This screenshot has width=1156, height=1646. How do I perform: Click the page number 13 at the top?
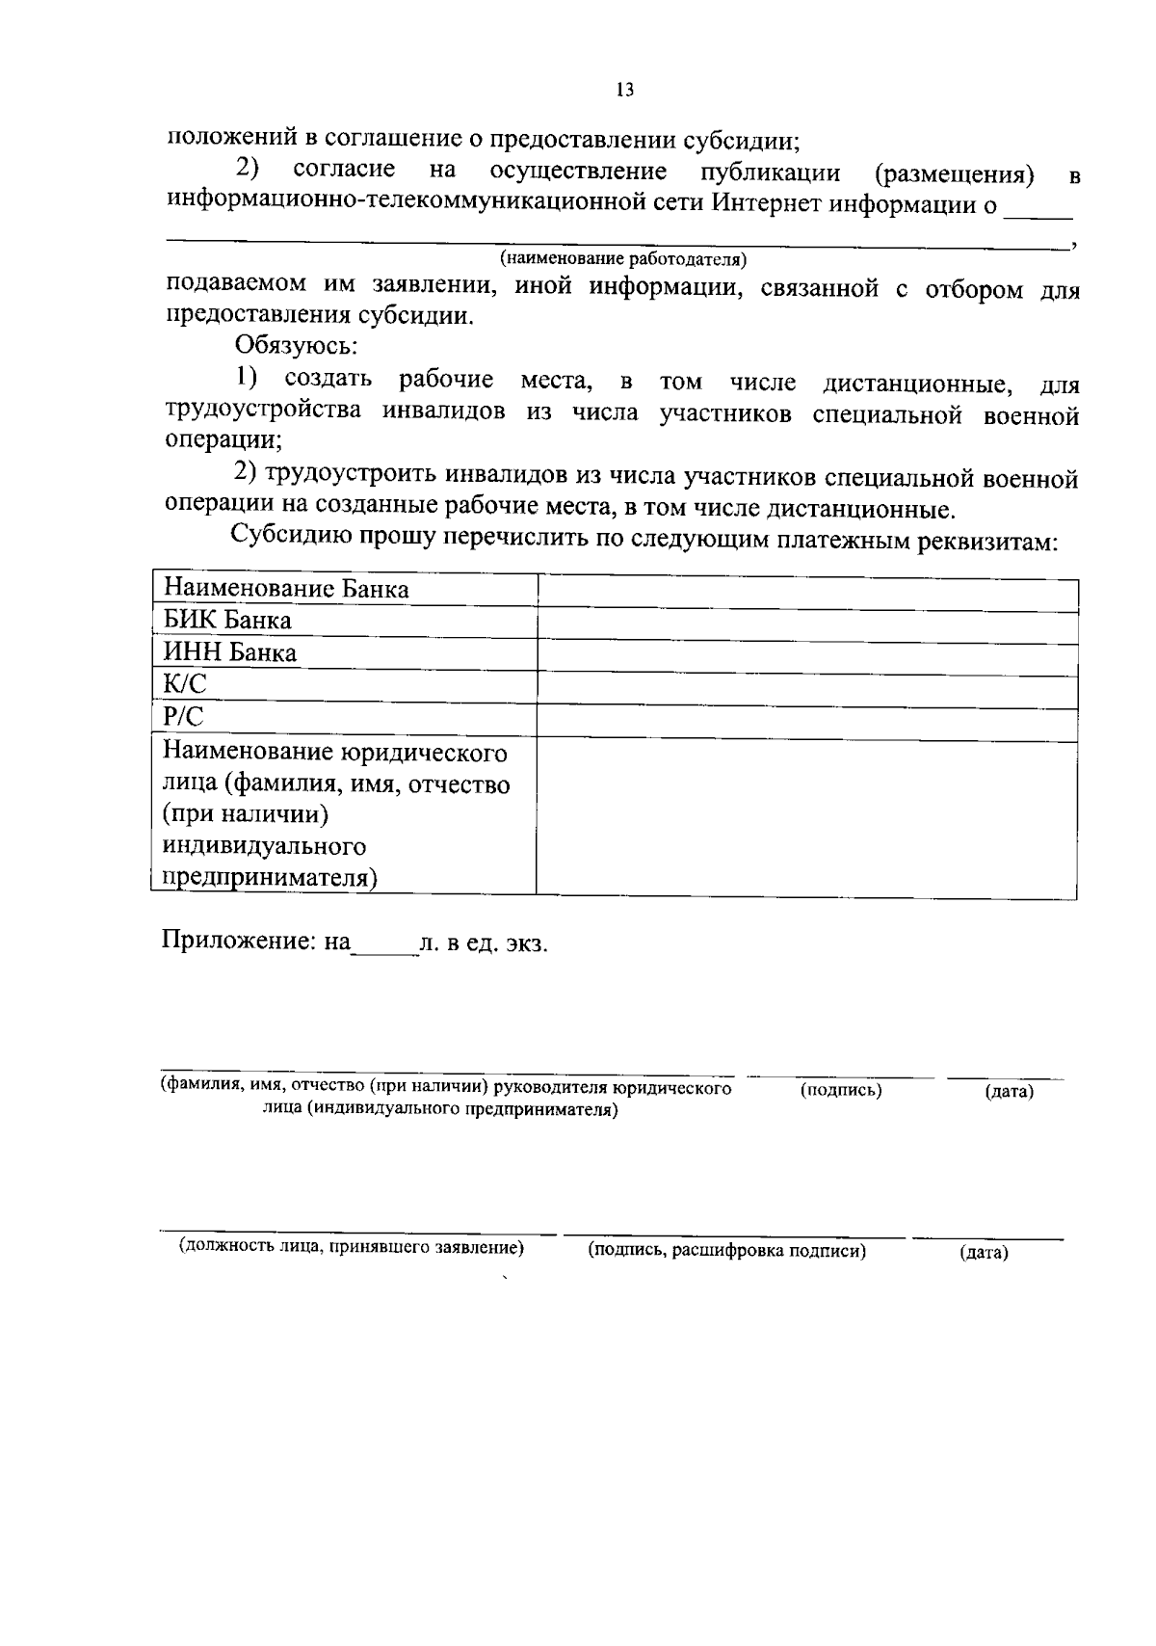[624, 90]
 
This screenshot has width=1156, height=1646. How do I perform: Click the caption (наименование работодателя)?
[623, 259]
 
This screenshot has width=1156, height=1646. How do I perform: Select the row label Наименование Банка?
[286, 589]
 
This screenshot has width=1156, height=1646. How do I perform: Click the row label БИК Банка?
[227, 621]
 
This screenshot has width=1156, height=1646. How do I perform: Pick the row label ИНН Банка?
[230, 652]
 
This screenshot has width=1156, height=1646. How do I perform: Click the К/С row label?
[185, 684]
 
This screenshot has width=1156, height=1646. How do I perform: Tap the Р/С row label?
[184, 716]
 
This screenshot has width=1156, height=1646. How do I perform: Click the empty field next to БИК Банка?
[806, 624]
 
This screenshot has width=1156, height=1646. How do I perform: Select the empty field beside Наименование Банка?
[806, 592]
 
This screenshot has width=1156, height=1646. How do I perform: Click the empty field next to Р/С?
[806, 722]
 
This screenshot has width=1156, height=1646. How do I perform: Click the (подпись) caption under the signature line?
[841, 1091]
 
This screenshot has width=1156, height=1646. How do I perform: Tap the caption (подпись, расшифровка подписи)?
[727, 1252]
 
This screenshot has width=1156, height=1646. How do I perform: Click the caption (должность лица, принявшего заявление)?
[352, 1248]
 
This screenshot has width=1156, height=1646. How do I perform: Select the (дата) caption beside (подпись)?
[1009, 1092]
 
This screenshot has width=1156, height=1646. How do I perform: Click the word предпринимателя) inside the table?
[270, 878]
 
